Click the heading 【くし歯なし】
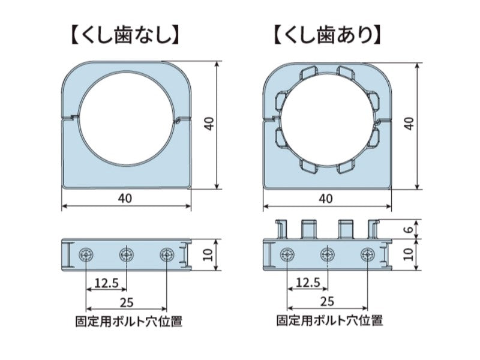[125, 36]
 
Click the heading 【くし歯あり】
[328, 36]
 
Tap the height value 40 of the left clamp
[209, 124]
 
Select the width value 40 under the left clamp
[125, 198]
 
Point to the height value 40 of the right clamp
[410, 124]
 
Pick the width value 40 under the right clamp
[326, 199]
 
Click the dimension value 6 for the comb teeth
[410, 229]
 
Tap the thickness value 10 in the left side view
[208, 254]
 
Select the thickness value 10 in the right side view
[408, 254]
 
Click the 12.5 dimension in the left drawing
[106, 283]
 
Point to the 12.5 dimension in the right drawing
[308, 282]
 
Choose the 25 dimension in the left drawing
[127, 302]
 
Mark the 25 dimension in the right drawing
[327, 302]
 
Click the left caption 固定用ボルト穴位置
[129, 322]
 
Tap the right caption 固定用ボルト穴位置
[329, 321]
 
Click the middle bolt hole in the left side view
[127, 254]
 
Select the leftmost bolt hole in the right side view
[287, 254]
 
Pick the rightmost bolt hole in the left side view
[167, 254]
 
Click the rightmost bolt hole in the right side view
[368, 254]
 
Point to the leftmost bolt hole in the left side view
[86, 254]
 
